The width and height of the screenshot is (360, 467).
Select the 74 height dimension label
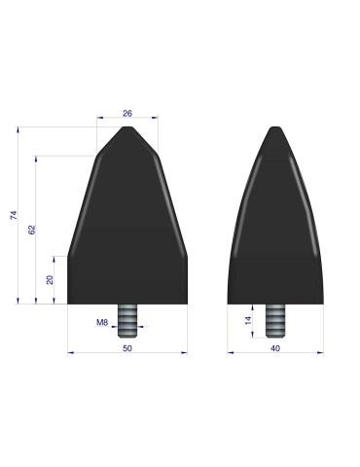[13, 217]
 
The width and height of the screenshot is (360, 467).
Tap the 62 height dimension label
[31, 230]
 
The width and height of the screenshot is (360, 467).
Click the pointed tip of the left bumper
[128, 128]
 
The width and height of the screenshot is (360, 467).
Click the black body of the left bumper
[128, 233]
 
